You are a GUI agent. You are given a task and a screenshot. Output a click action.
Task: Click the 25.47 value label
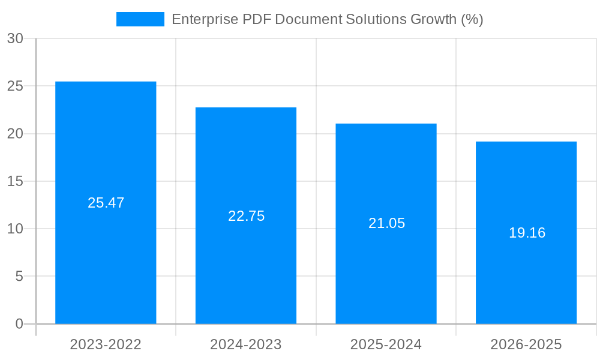[x=106, y=203]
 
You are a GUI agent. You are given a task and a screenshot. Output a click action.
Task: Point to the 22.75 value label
[x=246, y=216]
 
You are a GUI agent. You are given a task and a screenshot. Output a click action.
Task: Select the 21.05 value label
[x=386, y=223]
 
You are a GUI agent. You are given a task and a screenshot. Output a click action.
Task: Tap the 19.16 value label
[x=527, y=233]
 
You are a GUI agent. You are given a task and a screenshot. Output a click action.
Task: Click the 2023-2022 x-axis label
[x=106, y=344]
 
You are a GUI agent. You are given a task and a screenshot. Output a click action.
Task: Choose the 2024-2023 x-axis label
[x=246, y=344]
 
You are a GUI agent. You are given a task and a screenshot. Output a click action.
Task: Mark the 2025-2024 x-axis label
[x=386, y=344]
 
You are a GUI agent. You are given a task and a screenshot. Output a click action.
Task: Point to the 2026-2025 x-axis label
[x=526, y=344]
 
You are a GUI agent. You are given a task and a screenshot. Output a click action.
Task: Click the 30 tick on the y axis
[x=15, y=38]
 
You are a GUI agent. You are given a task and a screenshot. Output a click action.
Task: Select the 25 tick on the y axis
[x=15, y=86]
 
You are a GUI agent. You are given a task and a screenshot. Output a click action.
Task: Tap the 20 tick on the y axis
[x=15, y=134]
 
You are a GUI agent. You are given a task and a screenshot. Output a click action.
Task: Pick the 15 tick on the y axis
[x=15, y=181]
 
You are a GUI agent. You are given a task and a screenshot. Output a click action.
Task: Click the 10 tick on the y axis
[x=15, y=229]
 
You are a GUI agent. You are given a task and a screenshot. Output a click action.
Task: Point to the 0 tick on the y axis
[x=19, y=324]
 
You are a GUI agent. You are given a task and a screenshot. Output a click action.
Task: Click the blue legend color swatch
[x=140, y=19]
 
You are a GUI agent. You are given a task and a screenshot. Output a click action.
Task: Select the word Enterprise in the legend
[x=204, y=19]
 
